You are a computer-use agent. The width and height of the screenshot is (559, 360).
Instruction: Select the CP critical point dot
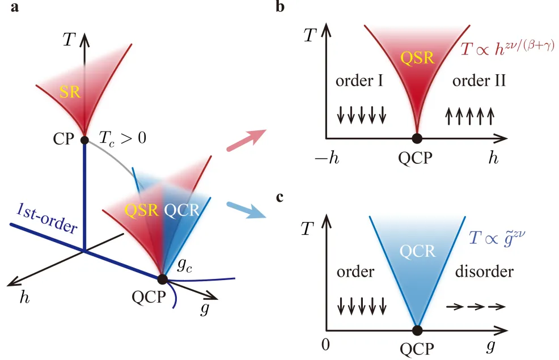click(84, 140)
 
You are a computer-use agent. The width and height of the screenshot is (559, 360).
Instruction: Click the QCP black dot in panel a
click(162, 279)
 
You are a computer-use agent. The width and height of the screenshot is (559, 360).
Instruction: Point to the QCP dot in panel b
click(417, 138)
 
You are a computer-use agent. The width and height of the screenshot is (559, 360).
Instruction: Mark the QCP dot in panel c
click(417, 331)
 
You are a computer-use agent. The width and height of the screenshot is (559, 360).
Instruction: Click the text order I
click(358, 82)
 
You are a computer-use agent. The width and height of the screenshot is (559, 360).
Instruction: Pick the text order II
click(479, 82)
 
